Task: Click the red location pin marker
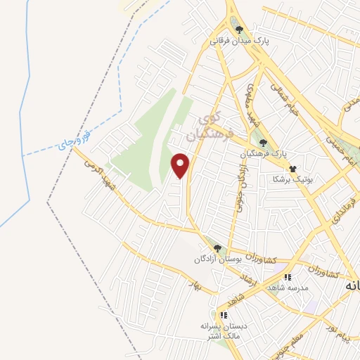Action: pyautogui.click(x=181, y=165)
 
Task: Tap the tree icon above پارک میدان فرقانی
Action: pyautogui.click(x=240, y=30)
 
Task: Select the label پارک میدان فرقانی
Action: pyautogui.click(x=239, y=41)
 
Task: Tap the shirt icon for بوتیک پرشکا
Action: pyautogui.click(x=293, y=169)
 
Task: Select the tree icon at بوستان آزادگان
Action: pyautogui.click(x=218, y=248)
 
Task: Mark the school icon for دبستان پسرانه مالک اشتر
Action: pyautogui.click(x=224, y=315)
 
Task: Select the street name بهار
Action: pyautogui.click(x=196, y=285)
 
